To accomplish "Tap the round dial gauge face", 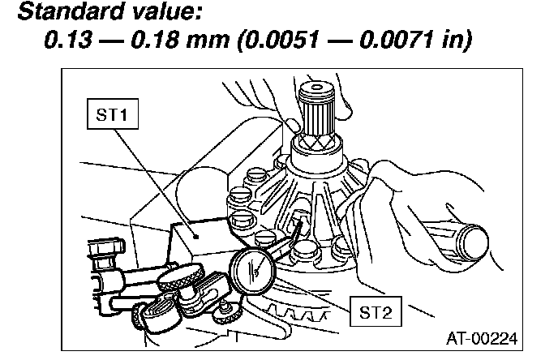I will pos(255,268).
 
